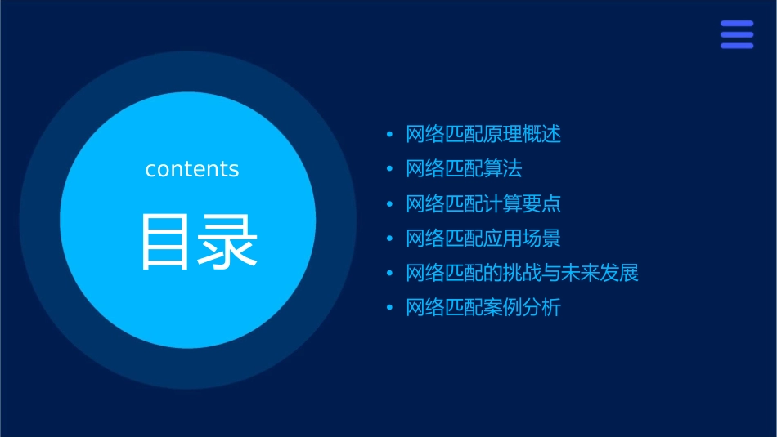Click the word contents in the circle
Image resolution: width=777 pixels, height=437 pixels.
click(x=192, y=169)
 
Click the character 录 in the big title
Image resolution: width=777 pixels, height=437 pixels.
click(x=225, y=242)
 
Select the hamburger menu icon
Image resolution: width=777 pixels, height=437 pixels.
click(x=736, y=34)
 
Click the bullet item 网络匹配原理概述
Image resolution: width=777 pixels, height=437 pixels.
click(x=483, y=135)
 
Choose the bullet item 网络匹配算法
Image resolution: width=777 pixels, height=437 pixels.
click(x=464, y=169)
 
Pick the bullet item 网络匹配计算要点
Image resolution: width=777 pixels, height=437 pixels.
click(x=483, y=203)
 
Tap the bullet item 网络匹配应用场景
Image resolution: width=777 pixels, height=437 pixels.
click(x=483, y=239)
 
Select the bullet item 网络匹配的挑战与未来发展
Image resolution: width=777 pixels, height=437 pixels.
click(x=522, y=273)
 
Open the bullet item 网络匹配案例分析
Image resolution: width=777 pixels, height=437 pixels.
click(x=483, y=308)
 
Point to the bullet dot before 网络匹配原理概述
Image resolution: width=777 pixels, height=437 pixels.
click(x=389, y=135)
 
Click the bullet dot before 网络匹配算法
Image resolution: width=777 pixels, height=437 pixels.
click(x=389, y=169)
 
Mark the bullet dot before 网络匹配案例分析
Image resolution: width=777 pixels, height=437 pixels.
click(x=389, y=308)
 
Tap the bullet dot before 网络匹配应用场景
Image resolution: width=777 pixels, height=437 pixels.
click(x=389, y=239)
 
